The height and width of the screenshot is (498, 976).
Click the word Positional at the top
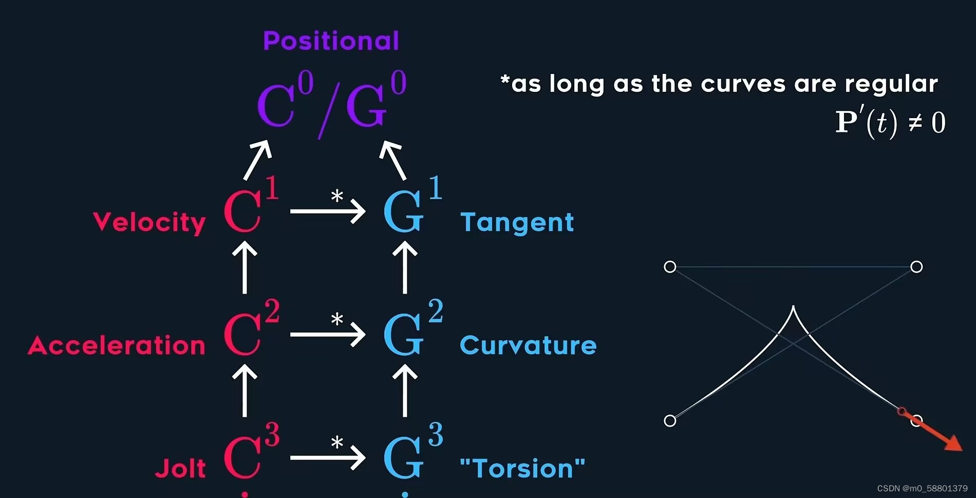[331, 41]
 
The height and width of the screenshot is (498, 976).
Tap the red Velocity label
[149, 222]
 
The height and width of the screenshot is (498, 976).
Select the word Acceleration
[117, 346]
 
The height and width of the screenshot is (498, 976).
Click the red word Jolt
[180, 468]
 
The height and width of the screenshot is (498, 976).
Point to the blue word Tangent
[517, 222]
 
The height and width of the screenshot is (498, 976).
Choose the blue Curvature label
[528, 346]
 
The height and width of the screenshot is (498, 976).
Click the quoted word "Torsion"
[522, 468]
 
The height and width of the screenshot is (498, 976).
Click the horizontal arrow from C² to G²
[327, 335]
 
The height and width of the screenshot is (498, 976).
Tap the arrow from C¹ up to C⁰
[257, 160]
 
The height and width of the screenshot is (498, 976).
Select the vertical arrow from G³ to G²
[405, 390]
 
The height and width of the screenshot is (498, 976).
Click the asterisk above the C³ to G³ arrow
[337, 442]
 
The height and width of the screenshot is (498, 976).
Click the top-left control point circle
[670, 267]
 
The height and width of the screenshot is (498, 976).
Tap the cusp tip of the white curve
[793, 307]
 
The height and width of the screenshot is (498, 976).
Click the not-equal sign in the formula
[915, 123]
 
